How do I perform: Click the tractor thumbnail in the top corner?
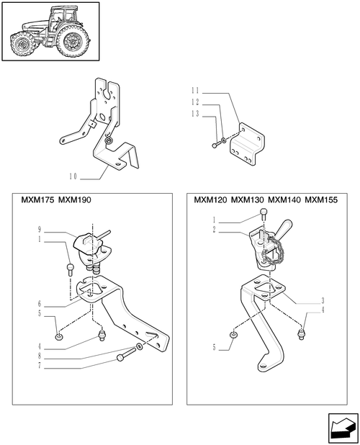[51, 31]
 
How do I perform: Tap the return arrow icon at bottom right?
[343, 428]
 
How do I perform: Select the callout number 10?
[73, 176]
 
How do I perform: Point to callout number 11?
[195, 91]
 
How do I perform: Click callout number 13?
[195, 114]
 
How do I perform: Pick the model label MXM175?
[37, 200]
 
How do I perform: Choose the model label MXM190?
[75, 200]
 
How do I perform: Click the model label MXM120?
[210, 200]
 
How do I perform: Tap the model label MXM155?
[321, 200]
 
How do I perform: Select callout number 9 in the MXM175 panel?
[40, 229]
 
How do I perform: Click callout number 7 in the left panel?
[40, 366]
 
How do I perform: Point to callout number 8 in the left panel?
[40, 356]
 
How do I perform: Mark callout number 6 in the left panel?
[40, 304]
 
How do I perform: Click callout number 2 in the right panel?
[214, 230]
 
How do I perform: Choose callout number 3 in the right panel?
[323, 300]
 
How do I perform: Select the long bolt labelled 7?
[126, 355]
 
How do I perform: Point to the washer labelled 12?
[224, 140]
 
